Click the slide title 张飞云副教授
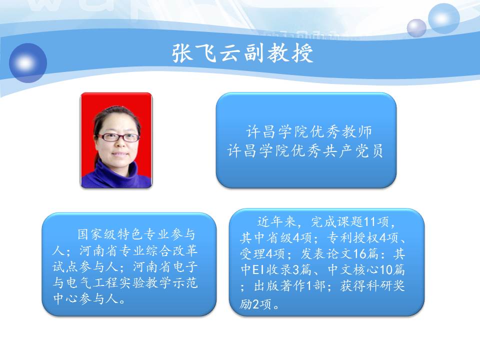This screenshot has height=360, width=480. pyautogui.click(x=242, y=53)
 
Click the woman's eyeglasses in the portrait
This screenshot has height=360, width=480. pyautogui.click(x=118, y=137)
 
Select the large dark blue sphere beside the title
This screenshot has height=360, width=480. pyautogui.click(x=28, y=63)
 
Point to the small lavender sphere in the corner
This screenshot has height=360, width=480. pyautogui.click(x=416, y=28)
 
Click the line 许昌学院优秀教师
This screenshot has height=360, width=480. pyautogui.click(x=309, y=131)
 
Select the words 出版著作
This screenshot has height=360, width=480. pyautogui.click(x=280, y=286)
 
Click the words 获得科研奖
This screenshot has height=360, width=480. pyautogui.click(x=372, y=286)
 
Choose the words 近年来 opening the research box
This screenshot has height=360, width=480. pyautogui.click(x=276, y=221)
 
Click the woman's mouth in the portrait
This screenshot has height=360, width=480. pyautogui.click(x=120, y=153)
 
